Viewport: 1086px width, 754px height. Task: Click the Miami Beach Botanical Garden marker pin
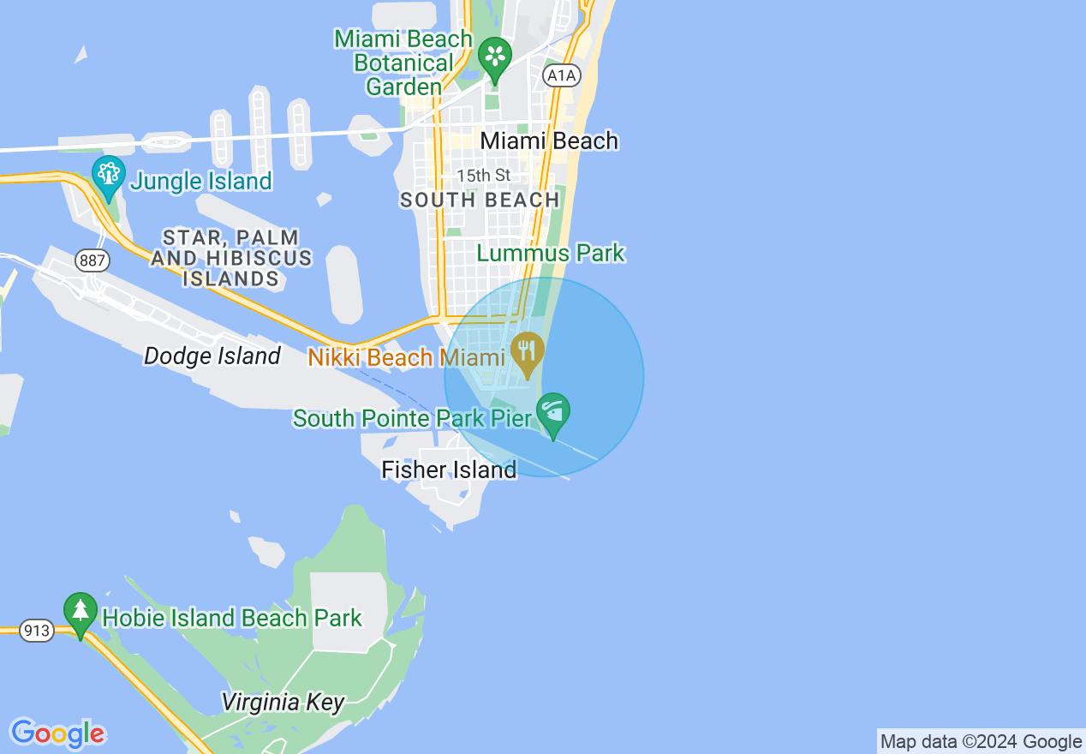pos(495,57)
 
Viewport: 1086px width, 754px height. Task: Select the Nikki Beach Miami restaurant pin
pos(528,351)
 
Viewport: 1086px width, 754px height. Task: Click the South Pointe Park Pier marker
pos(553,413)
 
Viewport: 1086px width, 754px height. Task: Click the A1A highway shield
pos(562,75)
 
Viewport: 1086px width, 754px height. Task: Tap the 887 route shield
pos(90,259)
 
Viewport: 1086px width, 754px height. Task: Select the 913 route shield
pos(37,631)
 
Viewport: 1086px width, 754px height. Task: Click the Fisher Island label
pos(449,470)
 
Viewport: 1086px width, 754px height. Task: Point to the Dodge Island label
pos(212,356)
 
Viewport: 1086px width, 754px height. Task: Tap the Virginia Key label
pos(283,703)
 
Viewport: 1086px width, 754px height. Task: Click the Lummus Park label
pos(551,254)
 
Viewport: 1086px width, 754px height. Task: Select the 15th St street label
pos(483,176)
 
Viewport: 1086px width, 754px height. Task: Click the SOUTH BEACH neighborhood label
pos(480,200)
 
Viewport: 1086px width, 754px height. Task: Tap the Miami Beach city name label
pos(549,141)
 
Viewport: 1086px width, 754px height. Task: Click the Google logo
pos(57,733)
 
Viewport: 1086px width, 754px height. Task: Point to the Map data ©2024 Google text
pos(981,742)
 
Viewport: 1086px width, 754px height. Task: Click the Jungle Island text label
pos(201,182)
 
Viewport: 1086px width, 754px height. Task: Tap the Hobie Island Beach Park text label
pos(232,618)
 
